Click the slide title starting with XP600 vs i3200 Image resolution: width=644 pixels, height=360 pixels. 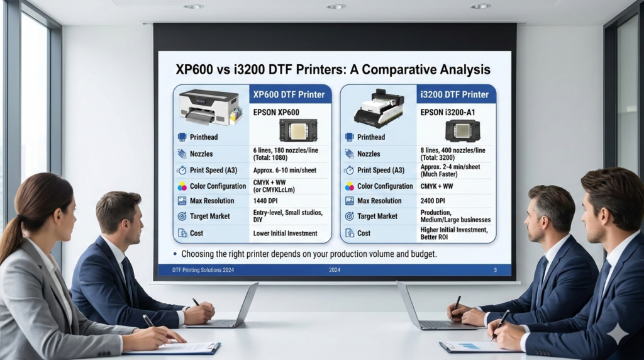pyautogui.click(x=333, y=69)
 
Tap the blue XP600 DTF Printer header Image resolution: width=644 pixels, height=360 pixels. pyautogui.click(x=289, y=94)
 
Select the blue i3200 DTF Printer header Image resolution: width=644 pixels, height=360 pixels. pyautogui.click(x=456, y=94)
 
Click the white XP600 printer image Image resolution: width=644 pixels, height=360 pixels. pyautogui.click(x=209, y=107)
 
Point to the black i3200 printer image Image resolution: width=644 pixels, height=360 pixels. pyautogui.click(x=378, y=108)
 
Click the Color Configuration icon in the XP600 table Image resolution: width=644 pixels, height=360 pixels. pyautogui.click(x=182, y=186)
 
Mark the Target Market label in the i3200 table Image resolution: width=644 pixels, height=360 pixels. pyautogui.click(x=377, y=216)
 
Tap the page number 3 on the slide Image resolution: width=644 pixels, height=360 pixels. pyautogui.click(x=495, y=270)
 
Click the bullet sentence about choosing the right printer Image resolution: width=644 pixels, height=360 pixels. pyautogui.click(x=308, y=254)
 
